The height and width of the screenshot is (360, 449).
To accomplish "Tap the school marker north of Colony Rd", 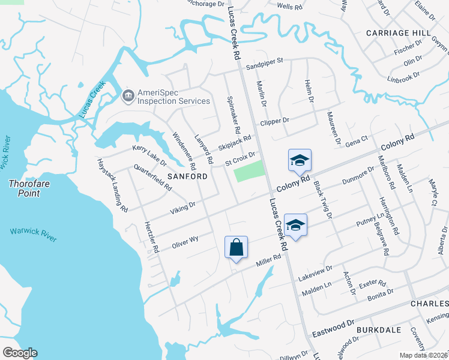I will click(x=300, y=160).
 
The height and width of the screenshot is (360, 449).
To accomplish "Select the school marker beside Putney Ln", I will click(x=295, y=225).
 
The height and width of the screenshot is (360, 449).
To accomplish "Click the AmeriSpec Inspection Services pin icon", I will click(x=128, y=95).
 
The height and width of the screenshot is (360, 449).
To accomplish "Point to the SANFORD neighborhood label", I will click(x=187, y=177).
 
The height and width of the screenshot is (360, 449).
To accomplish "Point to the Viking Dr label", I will click(x=184, y=206).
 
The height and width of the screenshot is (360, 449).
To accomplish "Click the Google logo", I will click(x=20, y=353).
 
